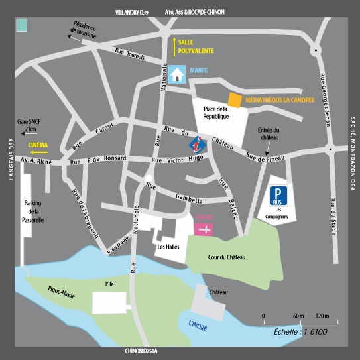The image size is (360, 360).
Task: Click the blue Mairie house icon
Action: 176,74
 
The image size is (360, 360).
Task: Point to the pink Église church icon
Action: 204,229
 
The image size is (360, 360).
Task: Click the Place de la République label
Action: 215,113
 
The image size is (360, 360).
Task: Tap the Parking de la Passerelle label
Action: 33,211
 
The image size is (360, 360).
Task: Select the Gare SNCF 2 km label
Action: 27,126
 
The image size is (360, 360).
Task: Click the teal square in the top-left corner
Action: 22,25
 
